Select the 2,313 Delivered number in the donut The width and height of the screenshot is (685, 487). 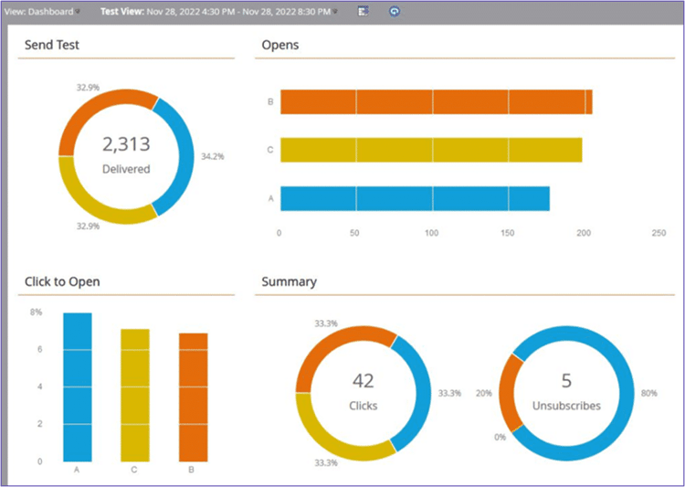click(126, 144)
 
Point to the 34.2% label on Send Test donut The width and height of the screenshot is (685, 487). click(213, 156)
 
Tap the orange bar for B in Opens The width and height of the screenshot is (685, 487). click(436, 102)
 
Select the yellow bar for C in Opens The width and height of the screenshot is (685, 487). click(430, 150)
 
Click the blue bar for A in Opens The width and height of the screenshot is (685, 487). click(415, 198)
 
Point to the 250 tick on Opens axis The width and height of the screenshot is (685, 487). click(659, 233)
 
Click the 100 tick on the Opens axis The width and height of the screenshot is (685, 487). click(431, 233)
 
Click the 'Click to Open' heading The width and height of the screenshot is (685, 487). click(62, 281)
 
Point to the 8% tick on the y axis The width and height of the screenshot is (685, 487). click(37, 312)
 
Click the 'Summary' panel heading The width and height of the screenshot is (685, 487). click(289, 281)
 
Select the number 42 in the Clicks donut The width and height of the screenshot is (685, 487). click(363, 381)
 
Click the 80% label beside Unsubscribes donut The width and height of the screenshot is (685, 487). click(650, 394)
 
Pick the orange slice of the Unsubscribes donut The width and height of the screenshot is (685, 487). click(511, 390)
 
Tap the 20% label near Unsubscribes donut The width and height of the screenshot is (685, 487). click(485, 394)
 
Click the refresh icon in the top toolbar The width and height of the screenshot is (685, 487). click(394, 12)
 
